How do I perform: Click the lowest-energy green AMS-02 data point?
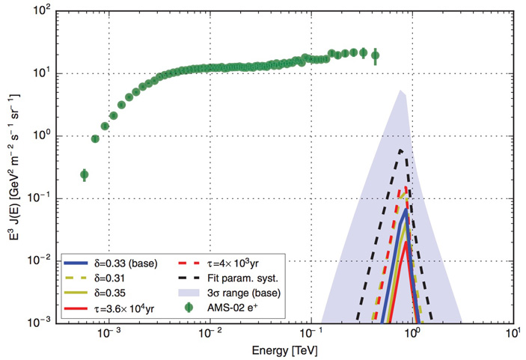(x=85, y=174)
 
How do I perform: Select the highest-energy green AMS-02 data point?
(x=376, y=55)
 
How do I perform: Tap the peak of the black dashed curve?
(x=402, y=150)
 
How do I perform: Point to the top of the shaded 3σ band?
(x=401, y=91)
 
